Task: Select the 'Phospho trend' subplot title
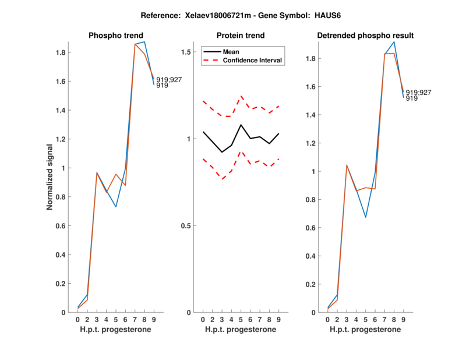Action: [115, 36]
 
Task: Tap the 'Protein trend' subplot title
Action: [241, 36]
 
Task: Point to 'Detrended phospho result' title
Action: [365, 36]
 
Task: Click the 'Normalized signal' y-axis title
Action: [51, 177]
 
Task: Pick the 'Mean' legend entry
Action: [231, 51]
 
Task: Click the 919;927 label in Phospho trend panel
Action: [169, 80]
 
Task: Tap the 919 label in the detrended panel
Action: [411, 98]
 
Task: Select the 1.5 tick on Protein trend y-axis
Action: [188, 52]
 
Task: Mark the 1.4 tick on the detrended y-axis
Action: [311, 115]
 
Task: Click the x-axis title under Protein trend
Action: [241, 330]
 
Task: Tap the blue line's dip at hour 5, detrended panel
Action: [366, 217]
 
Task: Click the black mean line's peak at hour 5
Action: [241, 125]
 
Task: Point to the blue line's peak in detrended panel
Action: [394, 41]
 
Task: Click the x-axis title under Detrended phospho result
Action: [365, 330]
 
